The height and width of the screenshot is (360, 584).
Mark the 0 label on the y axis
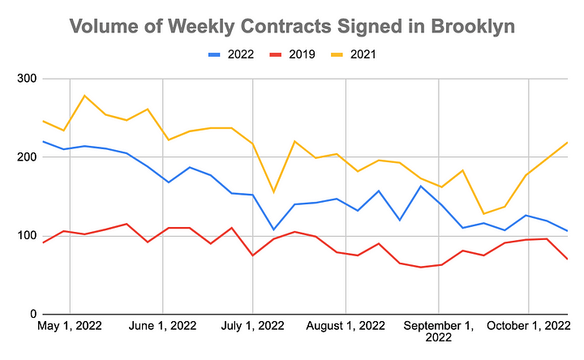coord(32,315)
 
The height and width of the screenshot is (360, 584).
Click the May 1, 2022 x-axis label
coord(71,328)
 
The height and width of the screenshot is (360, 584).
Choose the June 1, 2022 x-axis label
coord(162,328)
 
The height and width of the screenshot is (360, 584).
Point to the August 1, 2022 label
coord(346,328)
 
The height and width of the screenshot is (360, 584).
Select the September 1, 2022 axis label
coord(439,333)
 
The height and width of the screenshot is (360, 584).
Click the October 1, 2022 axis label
coord(529,328)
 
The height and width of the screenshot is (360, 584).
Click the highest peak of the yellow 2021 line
coord(85,96)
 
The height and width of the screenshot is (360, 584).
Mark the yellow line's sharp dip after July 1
coord(273,192)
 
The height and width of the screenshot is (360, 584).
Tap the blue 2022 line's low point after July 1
coord(273,229)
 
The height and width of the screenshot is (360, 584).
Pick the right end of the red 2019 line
coord(567,259)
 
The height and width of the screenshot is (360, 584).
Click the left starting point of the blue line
coord(43,142)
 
